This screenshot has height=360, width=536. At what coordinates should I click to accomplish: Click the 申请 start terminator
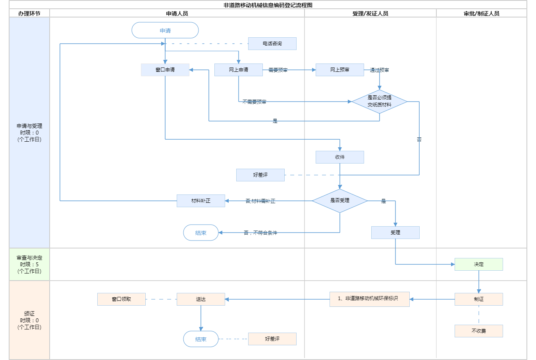[x=165, y=31]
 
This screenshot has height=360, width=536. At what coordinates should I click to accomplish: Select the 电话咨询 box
[x=272, y=44]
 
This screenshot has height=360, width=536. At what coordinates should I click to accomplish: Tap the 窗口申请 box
[x=165, y=70]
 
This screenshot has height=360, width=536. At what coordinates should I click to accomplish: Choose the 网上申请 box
[x=239, y=70]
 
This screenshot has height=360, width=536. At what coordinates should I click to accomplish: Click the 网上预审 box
[x=340, y=70]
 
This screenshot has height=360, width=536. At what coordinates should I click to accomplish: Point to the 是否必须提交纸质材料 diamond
[x=380, y=102]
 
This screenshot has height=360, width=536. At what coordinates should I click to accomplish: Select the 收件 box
[x=340, y=157]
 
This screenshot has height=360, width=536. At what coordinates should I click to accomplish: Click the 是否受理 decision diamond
[x=340, y=201]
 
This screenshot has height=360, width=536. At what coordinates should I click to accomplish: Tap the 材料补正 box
[x=201, y=201]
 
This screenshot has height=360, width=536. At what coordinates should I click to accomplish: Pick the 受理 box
[x=395, y=233]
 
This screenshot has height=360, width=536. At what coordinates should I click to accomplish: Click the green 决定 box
[x=479, y=264]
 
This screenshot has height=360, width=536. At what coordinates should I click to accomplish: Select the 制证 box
[x=479, y=299]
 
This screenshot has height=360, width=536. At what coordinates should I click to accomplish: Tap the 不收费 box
[x=479, y=331]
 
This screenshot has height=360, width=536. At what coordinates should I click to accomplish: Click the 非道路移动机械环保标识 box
[x=370, y=299]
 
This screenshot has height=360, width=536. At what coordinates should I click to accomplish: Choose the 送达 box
[x=201, y=299]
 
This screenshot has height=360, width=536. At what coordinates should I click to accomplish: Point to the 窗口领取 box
[x=121, y=299]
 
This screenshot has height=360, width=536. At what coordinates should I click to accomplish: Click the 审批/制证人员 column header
[x=482, y=13]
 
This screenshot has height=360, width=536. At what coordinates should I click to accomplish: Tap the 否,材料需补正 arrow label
[x=260, y=201]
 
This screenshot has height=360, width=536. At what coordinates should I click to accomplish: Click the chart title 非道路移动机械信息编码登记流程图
[x=268, y=5]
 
